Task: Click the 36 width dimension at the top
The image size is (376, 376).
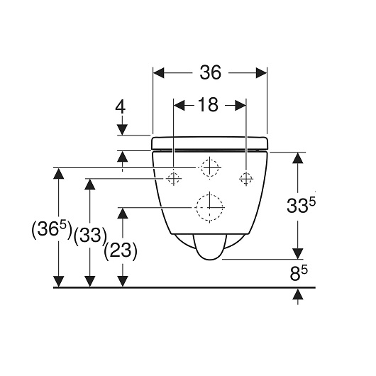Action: tap(210, 72)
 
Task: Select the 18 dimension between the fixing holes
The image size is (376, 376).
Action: tap(208, 105)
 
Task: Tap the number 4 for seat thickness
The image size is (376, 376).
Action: tap(121, 107)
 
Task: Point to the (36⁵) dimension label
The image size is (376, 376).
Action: tap(52, 229)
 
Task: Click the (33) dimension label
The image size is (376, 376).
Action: tap(90, 236)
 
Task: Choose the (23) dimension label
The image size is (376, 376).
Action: tap(121, 251)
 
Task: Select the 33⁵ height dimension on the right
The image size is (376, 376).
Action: tap(301, 206)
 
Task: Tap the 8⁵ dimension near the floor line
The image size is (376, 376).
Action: tap(299, 274)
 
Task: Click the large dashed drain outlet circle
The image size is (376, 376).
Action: tap(209, 207)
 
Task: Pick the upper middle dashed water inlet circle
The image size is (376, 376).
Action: tap(210, 168)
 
